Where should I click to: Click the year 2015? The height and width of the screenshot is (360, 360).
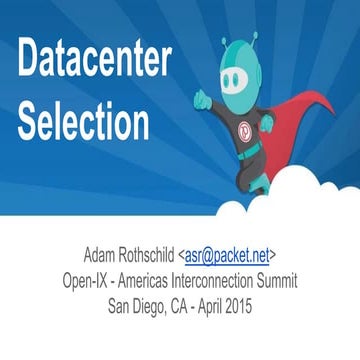[259, 298]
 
